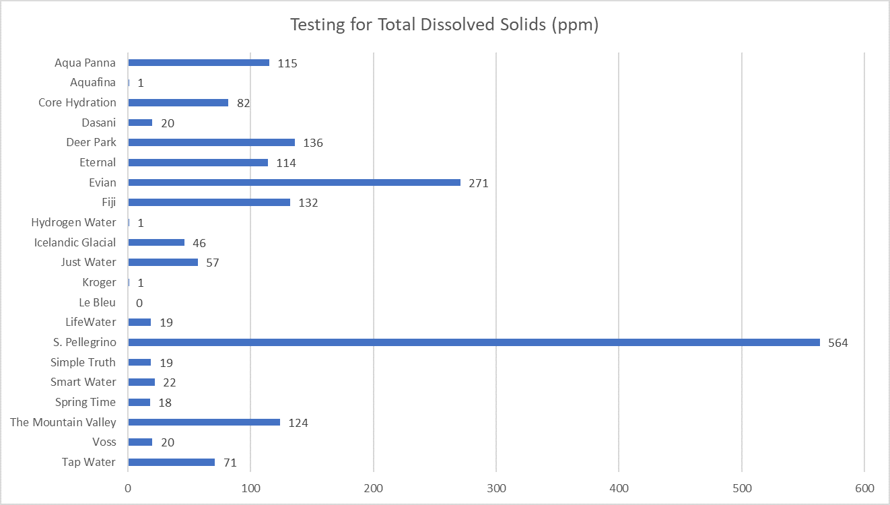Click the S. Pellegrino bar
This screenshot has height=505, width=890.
click(474, 342)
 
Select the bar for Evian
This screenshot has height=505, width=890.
click(294, 182)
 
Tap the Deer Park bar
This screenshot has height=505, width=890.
click(211, 143)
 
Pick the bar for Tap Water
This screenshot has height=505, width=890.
click(172, 462)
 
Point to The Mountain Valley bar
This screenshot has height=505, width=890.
click(204, 422)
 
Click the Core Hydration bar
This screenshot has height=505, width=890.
click(178, 103)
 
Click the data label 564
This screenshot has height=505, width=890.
click(838, 343)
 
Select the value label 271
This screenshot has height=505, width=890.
click(479, 183)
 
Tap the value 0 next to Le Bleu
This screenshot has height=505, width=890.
click(139, 303)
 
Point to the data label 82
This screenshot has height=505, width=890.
click(244, 103)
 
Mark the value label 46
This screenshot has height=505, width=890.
click(199, 243)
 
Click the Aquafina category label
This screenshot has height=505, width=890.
click(93, 83)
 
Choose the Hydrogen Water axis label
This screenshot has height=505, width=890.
click(73, 222)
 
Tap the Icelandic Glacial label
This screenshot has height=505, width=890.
click(75, 242)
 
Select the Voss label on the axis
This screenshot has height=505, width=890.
click(104, 442)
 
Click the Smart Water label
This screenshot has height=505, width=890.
click(83, 382)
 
